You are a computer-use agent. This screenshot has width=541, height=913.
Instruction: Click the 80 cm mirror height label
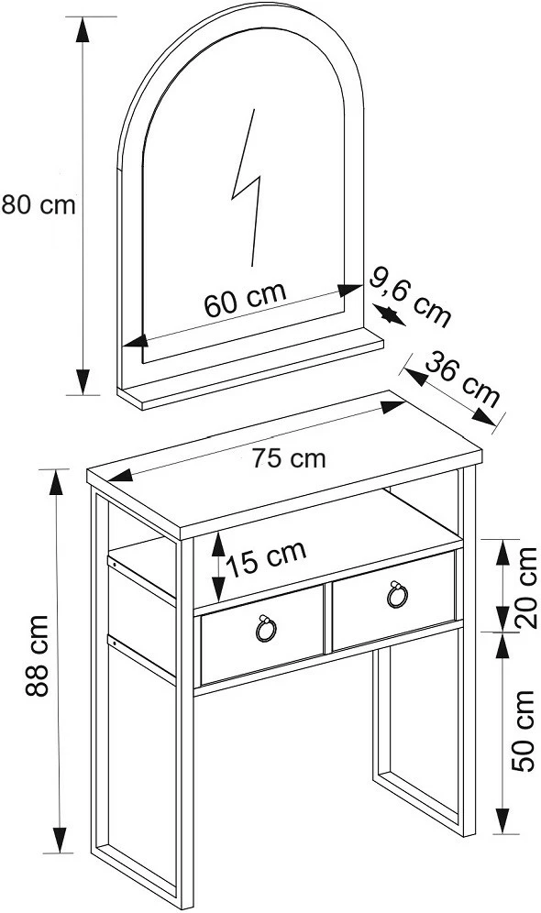[x=39, y=205]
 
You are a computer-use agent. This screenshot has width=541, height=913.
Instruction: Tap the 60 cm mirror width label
[x=245, y=299]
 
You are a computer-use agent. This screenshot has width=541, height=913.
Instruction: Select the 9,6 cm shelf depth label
[x=411, y=298]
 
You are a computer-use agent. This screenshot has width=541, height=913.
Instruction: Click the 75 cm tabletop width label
[x=289, y=459]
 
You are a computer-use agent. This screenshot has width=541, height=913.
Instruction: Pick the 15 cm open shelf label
[x=266, y=558]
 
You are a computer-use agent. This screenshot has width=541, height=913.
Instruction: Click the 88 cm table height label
[x=37, y=655]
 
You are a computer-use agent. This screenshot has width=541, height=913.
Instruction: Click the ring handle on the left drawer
[x=266, y=628]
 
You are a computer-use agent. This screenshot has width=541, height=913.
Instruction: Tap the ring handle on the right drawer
[x=397, y=594]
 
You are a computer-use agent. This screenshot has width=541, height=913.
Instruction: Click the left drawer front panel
[x=261, y=635]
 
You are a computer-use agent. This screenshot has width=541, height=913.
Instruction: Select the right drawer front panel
[x=393, y=599]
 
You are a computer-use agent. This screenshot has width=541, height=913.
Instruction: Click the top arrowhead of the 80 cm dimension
[x=83, y=29]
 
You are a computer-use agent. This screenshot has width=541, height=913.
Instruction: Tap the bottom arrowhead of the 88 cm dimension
[x=60, y=841]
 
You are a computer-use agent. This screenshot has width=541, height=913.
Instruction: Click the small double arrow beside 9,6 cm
[x=389, y=315]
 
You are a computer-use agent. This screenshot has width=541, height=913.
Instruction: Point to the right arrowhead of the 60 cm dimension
[x=349, y=290]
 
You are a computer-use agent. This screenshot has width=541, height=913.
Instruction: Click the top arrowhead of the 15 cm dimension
[x=218, y=544]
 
